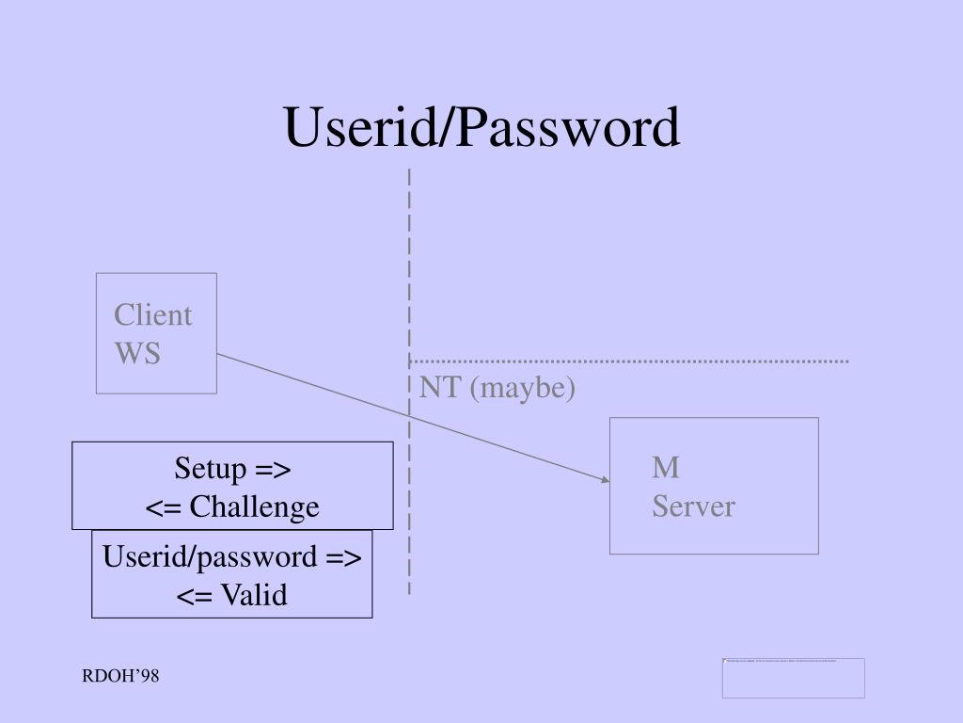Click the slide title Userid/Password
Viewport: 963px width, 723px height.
point(481,128)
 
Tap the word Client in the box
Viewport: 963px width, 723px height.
point(152,315)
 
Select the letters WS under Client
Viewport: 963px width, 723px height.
point(137,353)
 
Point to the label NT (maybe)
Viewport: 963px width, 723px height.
point(497,388)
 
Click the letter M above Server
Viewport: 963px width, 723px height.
point(666,468)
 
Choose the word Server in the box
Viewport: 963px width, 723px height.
point(693,506)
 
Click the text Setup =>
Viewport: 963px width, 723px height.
point(232,469)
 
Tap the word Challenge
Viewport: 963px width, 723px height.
point(254,507)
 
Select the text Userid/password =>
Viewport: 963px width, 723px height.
point(232,556)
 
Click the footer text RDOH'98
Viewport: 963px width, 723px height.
point(119,677)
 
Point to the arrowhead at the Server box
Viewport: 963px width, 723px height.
point(606,479)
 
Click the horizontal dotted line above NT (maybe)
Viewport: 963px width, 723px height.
point(630,361)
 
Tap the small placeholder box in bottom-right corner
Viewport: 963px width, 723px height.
point(793,678)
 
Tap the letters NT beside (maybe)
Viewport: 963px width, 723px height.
point(438,388)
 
